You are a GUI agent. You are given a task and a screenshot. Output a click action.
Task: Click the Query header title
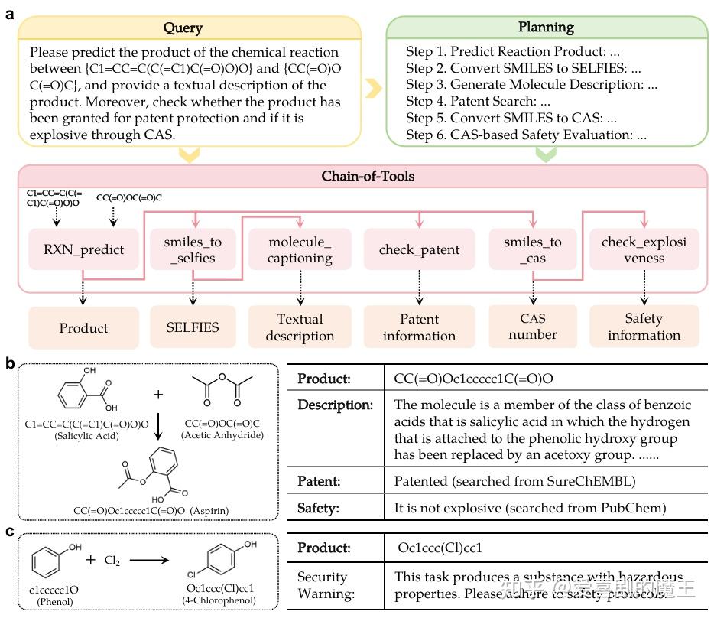pos(183,28)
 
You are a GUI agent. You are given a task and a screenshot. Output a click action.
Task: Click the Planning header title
pos(546,28)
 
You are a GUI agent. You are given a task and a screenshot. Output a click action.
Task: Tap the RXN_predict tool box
pos(83,249)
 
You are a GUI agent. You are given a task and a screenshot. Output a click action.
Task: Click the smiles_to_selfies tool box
pos(193,249)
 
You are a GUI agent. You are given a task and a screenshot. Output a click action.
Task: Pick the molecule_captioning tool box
pos(300,249)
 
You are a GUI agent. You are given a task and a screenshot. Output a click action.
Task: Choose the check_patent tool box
pos(419,249)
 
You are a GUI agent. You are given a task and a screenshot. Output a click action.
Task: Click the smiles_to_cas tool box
pos(533,249)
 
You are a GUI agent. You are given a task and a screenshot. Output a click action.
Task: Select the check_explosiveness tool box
pos(644,249)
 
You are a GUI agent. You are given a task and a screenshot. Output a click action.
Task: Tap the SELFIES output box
pos(193,327)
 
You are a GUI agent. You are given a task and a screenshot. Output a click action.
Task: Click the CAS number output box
pos(533,327)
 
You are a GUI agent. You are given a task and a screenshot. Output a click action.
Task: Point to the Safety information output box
pos(644,327)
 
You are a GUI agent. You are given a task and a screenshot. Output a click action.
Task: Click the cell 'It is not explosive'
pos(531,507)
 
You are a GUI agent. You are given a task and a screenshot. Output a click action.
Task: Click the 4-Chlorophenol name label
pos(229,600)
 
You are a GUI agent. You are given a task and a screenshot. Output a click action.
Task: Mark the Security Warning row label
pos(322,585)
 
